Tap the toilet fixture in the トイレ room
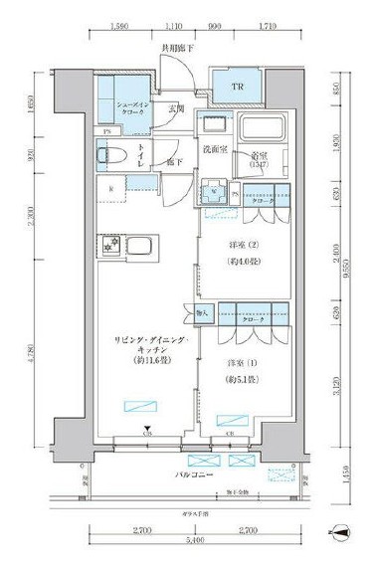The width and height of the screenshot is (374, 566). tap(112, 157)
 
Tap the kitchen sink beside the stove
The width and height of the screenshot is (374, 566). tap(140, 246)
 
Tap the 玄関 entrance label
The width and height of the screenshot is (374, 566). tap(176, 109)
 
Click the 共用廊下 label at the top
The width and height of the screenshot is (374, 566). tap(176, 48)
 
